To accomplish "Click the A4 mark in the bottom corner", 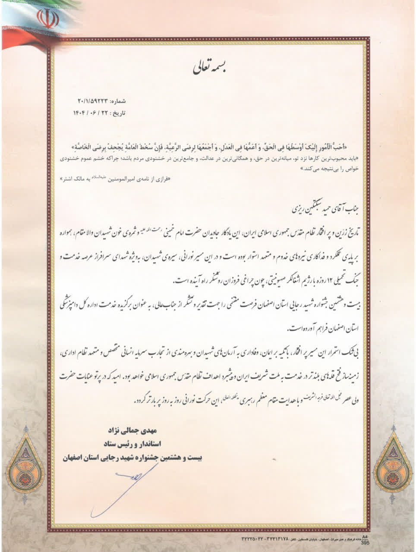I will click(365, 537).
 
